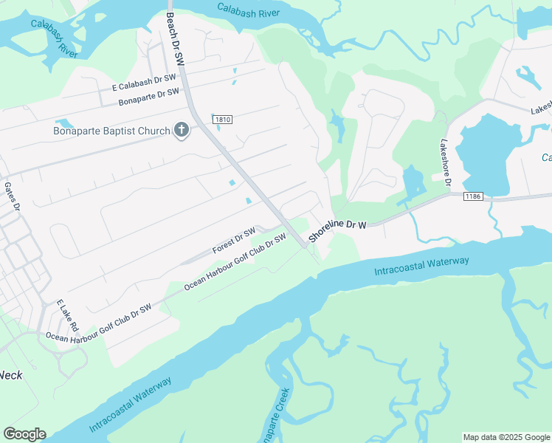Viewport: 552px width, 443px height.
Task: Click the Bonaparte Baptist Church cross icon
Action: point(182,131)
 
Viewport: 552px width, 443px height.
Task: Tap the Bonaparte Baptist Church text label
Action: point(111,131)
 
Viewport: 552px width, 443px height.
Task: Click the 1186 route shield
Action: point(473,196)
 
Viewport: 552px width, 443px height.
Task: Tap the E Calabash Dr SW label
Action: point(144,82)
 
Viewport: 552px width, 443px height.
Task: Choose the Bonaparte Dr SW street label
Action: point(149,96)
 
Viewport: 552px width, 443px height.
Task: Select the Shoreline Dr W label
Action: point(337,228)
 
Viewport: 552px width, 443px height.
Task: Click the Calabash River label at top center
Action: point(248,10)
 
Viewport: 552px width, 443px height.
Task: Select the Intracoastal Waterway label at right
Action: point(421,267)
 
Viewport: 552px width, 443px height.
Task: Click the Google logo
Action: point(24,434)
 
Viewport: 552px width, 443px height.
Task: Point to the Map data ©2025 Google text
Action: point(506,437)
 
